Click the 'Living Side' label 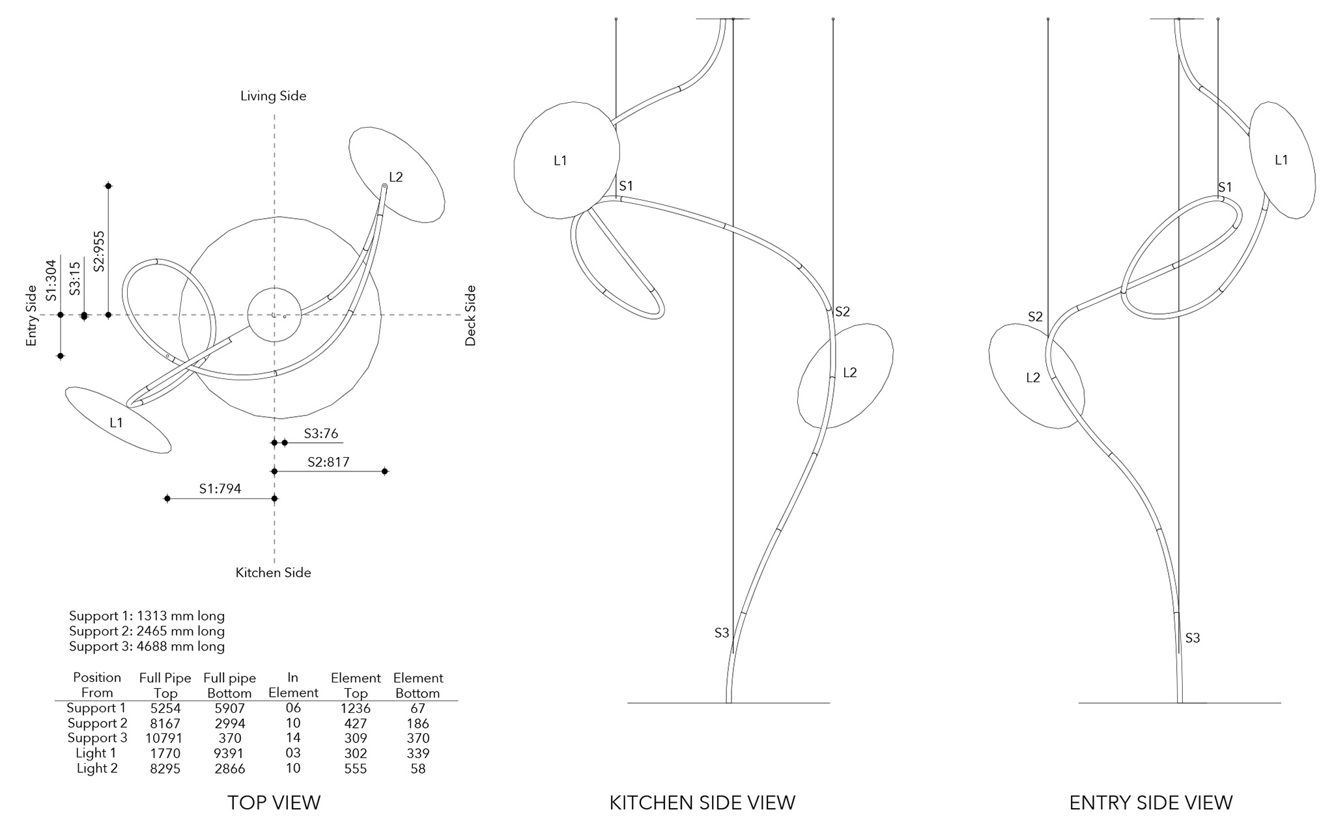click(273, 96)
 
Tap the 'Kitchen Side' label click(273, 573)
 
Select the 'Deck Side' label click(470, 315)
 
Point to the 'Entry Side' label click(31, 315)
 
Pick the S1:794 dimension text click(220, 488)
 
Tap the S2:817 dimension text click(328, 462)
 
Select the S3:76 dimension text click(320, 434)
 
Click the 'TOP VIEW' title click(274, 802)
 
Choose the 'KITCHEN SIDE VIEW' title click(702, 802)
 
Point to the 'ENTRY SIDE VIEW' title click(1150, 802)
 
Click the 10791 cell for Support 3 click(165, 738)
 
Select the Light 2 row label click(97, 768)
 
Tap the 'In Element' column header click(293, 685)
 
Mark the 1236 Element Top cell click(355, 708)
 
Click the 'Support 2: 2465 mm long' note click(147, 631)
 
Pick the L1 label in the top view click(116, 423)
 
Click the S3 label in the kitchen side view click(721, 633)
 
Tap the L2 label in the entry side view click(1032, 378)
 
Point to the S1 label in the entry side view click(1225, 188)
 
